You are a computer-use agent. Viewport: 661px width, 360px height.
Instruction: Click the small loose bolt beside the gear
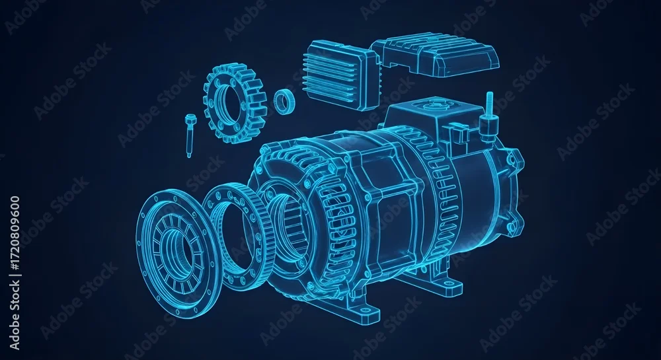[x=188, y=135]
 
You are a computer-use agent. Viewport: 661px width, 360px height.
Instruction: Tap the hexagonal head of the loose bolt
[x=188, y=118]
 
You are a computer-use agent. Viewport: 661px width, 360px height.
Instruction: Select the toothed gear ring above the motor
[x=235, y=103]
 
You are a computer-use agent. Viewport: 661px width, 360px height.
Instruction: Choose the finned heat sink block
[x=339, y=75]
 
